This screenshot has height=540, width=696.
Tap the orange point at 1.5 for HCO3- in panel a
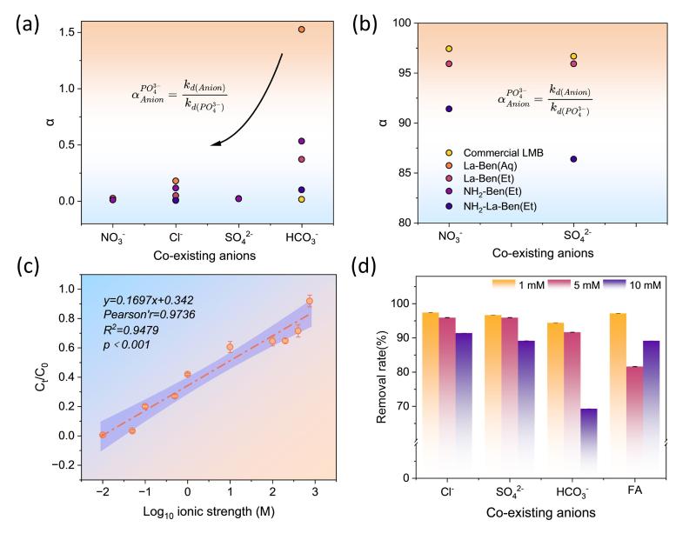[x=301, y=30]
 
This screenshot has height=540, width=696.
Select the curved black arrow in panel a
[x=252, y=104]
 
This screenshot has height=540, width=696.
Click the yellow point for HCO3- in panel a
[x=301, y=199]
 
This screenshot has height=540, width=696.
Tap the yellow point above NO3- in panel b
[x=449, y=49]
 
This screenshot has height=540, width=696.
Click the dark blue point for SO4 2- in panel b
[x=573, y=159]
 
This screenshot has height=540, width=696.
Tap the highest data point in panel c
[x=309, y=301]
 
